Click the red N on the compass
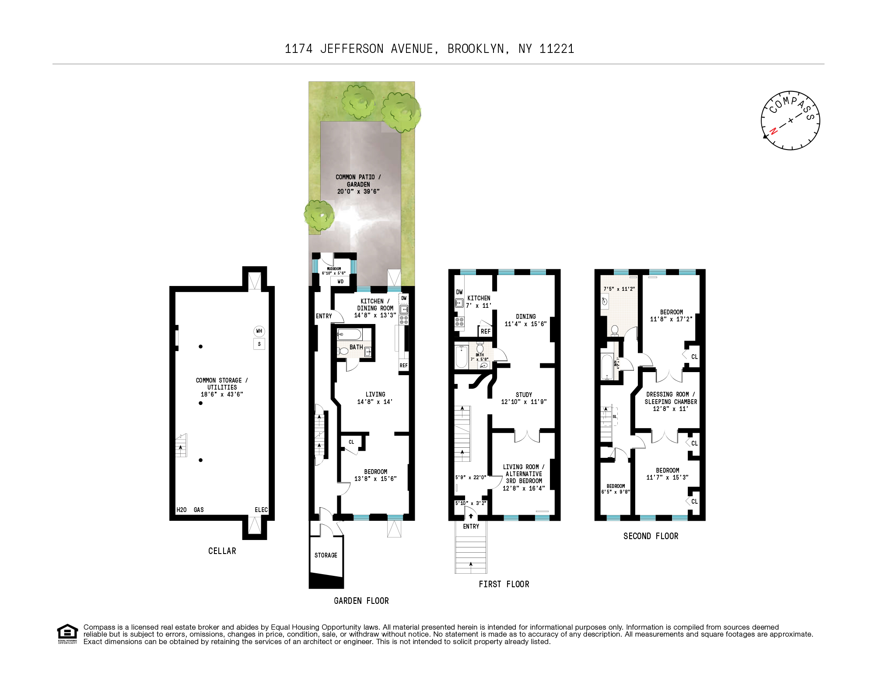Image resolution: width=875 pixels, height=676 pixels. (773, 131)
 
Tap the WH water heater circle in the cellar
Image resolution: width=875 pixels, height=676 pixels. (259, 331)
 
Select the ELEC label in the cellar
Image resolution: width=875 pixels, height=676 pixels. (261, 510)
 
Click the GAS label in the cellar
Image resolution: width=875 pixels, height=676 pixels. (199, 510)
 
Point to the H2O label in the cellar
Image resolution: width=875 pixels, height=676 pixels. (182, 510)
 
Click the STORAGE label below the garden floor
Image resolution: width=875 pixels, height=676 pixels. (326, 555)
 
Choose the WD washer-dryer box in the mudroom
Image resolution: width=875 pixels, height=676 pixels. (340, 282)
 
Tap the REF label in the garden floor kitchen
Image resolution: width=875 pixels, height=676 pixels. (403, 366)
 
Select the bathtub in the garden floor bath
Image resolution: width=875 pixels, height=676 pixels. (350, 335)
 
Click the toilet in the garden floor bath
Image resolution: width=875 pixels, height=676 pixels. (343, 351)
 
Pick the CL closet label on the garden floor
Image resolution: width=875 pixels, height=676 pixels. (351, 442)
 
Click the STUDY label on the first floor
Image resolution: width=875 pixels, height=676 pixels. (524, 395)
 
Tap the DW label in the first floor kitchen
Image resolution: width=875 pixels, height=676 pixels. (459, 292)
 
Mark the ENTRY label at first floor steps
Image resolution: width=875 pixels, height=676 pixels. (471, 526)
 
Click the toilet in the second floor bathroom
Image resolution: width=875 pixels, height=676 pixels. (615, 330)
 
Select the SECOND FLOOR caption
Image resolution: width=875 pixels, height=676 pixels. (651, 536)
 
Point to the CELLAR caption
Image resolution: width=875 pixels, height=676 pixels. (222, 551)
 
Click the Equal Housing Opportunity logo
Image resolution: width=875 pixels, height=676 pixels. (67, 634)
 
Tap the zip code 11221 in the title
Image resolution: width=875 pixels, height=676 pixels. (556, 49)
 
